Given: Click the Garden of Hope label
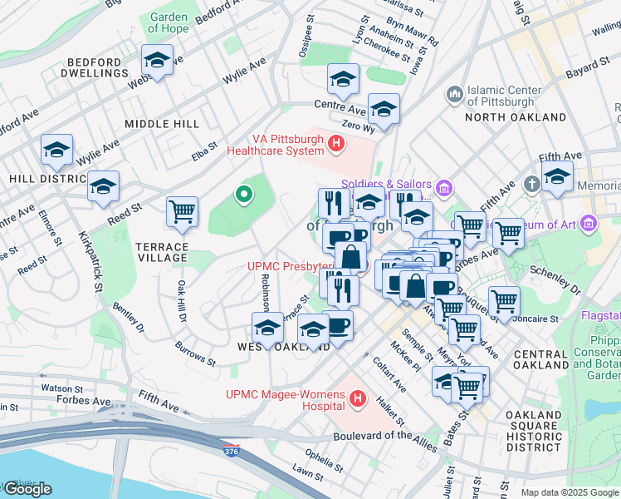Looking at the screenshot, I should (169, 22).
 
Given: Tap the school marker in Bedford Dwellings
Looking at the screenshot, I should (156, 60).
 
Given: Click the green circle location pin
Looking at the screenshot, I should (243, 195).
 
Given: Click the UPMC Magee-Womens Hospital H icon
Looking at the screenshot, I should (358, 400).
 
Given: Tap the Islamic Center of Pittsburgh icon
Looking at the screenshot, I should (454, 96).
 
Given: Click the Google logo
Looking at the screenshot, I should (27, 489).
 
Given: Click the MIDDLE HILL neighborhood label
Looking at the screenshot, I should (162, 123).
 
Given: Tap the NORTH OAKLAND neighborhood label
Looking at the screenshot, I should (509, 117).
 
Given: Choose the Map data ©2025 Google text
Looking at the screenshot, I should (570, 492).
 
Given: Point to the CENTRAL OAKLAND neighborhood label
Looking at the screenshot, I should (540, 360).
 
